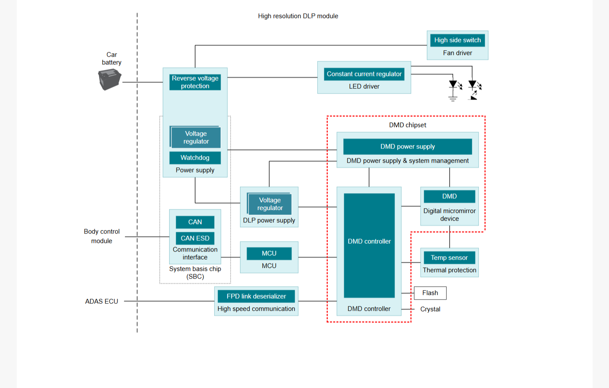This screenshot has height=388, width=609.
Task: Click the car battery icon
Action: (110, 79)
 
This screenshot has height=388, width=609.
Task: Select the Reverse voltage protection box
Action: (195, 82)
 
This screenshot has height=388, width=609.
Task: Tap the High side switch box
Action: (457, 40)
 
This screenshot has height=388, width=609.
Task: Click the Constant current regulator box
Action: (364, 74)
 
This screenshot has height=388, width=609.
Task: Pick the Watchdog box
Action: (195, 158)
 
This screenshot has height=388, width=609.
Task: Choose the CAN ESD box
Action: (195, 238)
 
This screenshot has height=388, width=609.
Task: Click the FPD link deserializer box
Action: (256, 296)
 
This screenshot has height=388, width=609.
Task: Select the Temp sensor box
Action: (449, 258)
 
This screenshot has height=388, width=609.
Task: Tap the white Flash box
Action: (430, 293)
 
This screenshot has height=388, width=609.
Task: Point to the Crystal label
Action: (430, 309)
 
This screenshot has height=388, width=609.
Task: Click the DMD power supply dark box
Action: (408, 147)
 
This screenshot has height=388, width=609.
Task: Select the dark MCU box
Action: (269, 254)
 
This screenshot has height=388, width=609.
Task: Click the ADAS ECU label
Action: (101, 301)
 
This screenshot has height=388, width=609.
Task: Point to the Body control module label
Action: (102, 236)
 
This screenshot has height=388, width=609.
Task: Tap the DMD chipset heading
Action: (408, 125)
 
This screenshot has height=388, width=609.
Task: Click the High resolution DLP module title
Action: (298, 16)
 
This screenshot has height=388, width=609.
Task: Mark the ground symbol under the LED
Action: (453, 99)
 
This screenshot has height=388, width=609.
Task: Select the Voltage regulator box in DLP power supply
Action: (270, 204)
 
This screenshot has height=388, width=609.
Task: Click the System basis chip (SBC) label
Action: (195, 273)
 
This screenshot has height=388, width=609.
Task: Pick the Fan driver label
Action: (457, 53)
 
